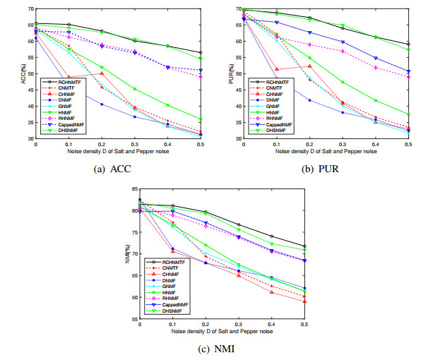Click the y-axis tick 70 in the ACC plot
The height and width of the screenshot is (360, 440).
[30, 8]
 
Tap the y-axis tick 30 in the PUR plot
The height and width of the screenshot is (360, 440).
[238, 138]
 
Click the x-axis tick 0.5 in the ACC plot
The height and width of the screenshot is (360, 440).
[201, 143]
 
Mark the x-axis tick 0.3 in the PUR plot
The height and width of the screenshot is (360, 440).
[343, 143]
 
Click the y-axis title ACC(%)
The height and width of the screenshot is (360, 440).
[23, 73]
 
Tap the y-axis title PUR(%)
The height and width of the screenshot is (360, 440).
[231, 73]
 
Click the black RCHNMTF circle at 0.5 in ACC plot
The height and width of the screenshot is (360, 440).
[201, 52]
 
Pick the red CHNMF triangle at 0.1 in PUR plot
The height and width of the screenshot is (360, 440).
[276, 69]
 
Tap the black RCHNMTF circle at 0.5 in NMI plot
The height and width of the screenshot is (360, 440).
[304, 246]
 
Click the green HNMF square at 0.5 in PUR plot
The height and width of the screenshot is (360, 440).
[408, 114]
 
